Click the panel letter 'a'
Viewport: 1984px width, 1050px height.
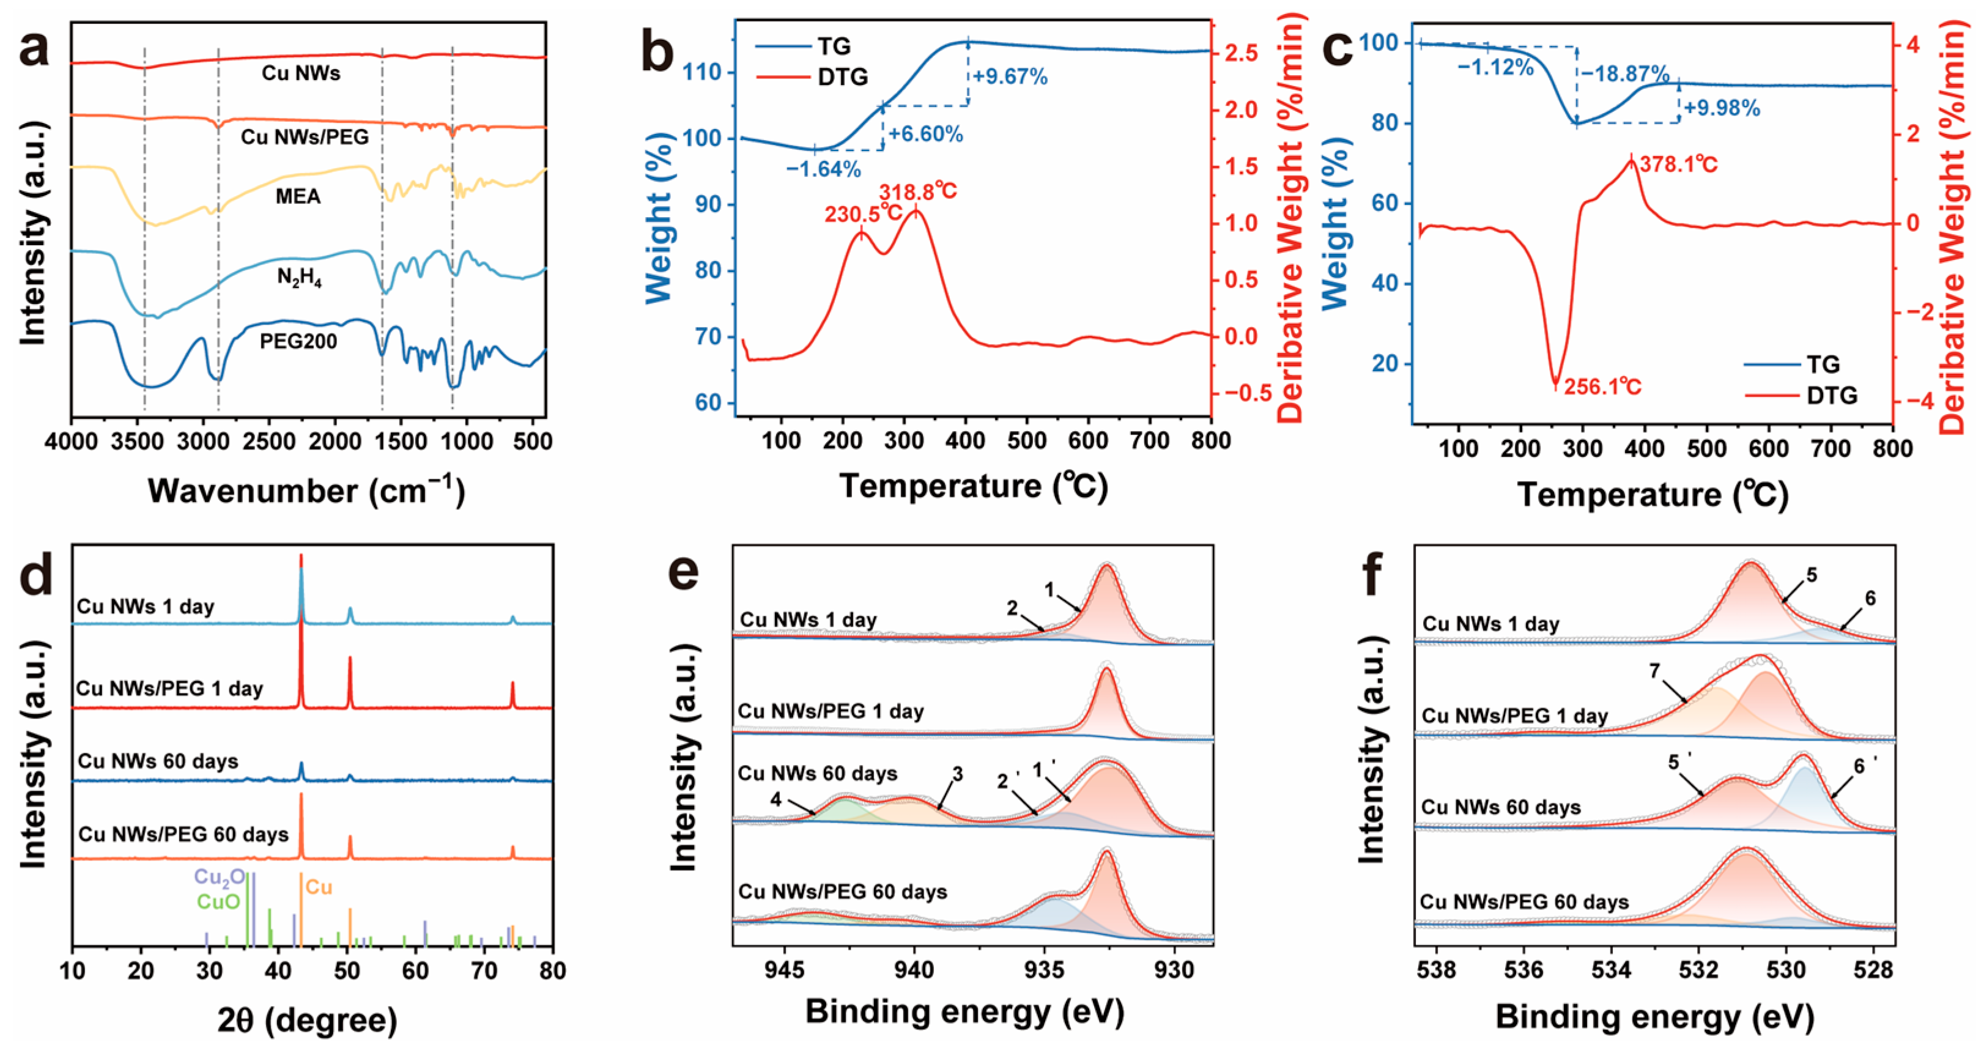tap(35, 51)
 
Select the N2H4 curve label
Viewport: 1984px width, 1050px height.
tap(299, 278)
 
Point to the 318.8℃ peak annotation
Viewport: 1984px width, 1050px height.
tap(918, 191)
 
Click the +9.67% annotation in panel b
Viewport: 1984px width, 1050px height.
tap(1010, 77)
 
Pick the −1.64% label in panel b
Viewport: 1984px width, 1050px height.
tap(823, 169)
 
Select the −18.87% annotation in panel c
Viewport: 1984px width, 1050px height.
tap(1625, 75)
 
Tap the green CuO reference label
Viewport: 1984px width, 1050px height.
tap(219, 901)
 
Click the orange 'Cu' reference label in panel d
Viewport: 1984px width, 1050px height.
tap(319, 887)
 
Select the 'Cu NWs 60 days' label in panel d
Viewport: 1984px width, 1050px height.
tap(158, 761)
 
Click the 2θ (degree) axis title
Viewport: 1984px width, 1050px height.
tap(307, 1020)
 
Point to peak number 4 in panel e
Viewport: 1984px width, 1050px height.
tap(775, 799)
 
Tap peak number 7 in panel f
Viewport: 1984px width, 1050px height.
tap(1654, 671)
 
